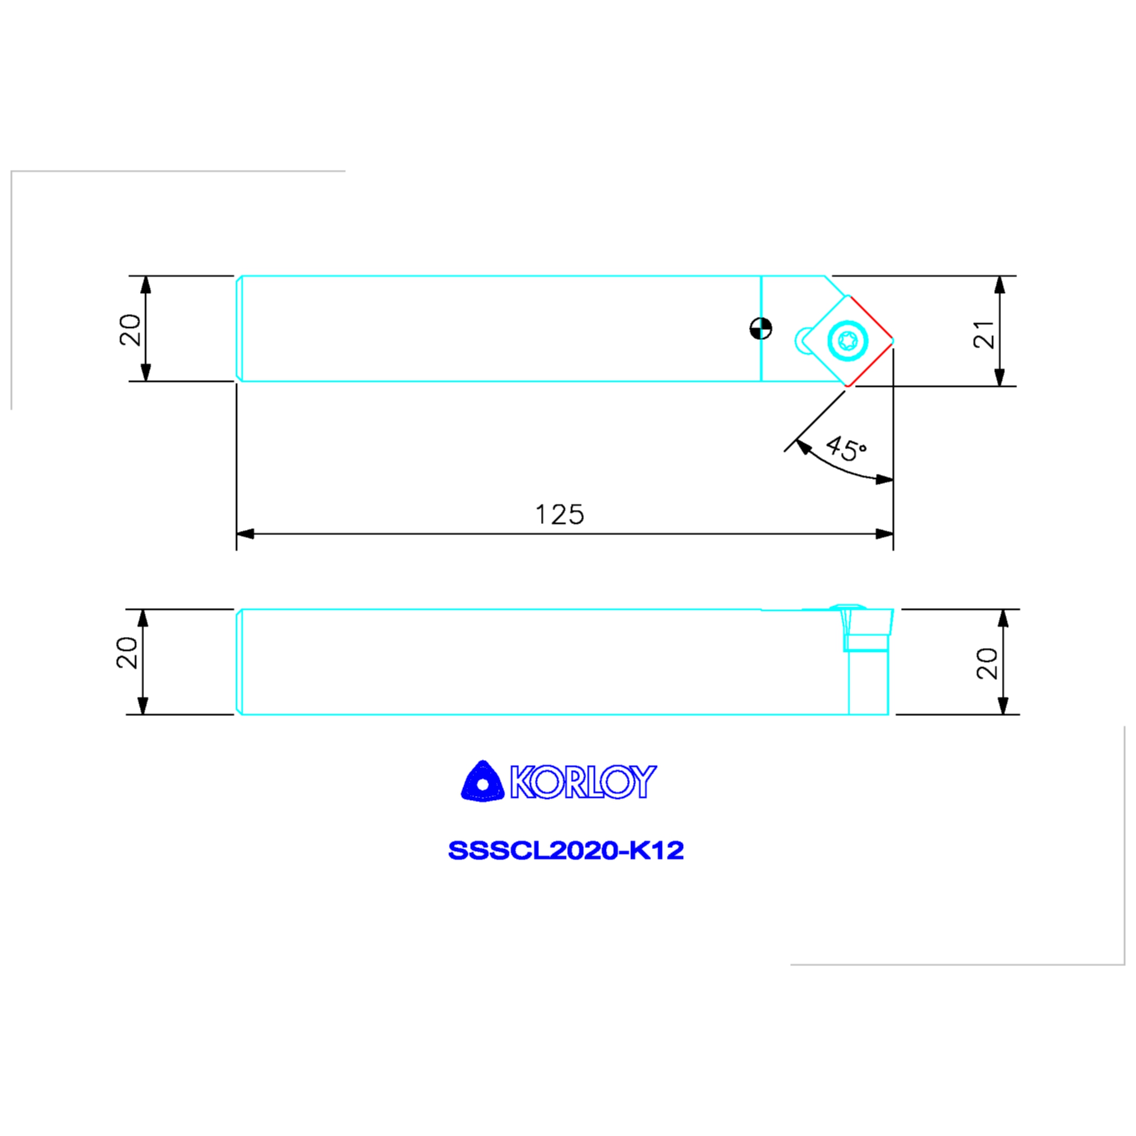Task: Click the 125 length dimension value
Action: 559,515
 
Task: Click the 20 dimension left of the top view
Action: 130,330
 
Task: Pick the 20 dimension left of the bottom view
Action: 127,653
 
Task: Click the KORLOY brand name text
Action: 583,782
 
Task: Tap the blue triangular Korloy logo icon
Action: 483,781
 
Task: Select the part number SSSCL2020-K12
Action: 566,850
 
